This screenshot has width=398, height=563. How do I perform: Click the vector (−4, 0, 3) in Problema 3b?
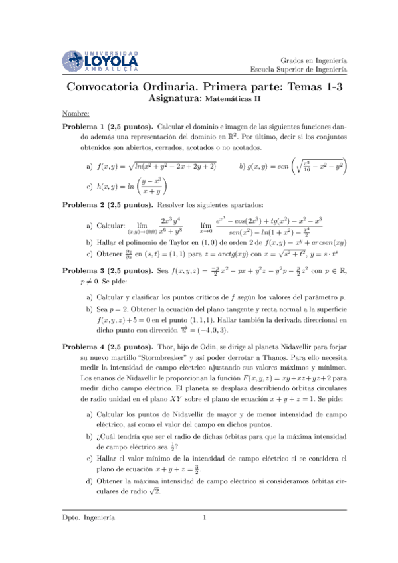tap(190, 329)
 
